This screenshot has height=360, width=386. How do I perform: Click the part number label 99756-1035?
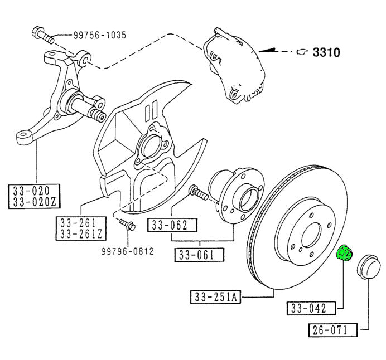click(100, 35)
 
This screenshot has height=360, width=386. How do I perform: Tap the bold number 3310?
click(326, 52)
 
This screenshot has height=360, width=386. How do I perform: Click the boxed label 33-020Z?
click(35, 202)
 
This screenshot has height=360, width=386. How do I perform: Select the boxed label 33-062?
click(172, 225)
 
